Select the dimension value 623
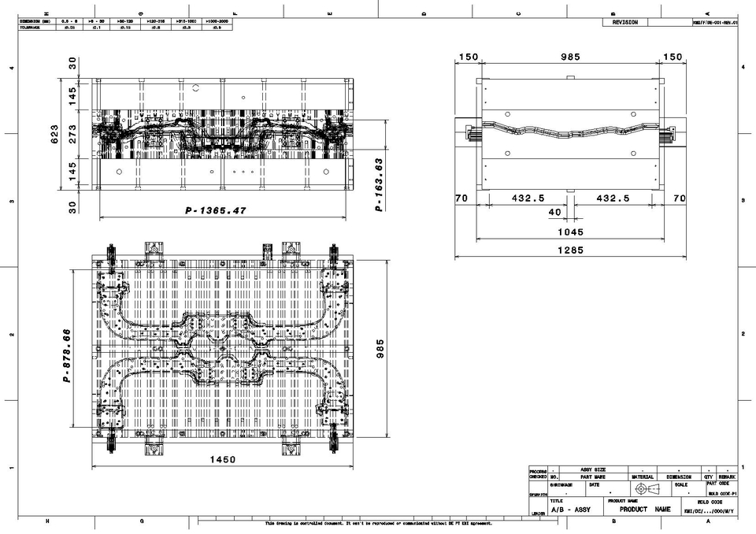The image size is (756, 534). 54,135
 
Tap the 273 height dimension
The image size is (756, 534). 73,135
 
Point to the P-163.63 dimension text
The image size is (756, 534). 379,184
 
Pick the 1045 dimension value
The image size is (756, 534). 569,232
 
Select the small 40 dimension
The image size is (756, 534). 554,212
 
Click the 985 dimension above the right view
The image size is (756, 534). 569,57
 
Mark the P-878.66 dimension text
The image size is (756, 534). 68,355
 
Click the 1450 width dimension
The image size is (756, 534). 223,459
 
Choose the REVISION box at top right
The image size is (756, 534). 625,23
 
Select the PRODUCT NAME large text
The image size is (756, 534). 645,510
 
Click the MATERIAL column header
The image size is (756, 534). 642,477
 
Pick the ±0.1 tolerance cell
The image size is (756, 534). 96,28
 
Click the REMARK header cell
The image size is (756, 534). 727,477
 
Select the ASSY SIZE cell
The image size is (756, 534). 593,469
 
